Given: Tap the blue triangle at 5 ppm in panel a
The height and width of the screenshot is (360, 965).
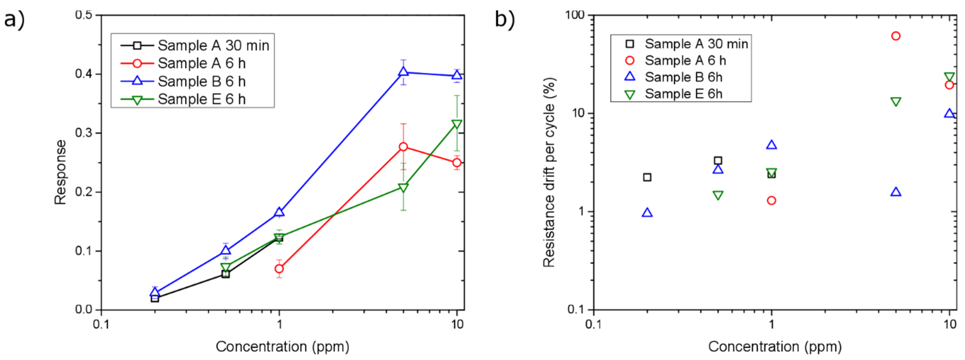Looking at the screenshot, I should [x=403, y=71].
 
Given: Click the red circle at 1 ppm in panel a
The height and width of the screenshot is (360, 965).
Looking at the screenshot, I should [x=279, y=269].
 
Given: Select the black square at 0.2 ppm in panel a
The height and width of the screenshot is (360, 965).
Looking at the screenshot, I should [x=155, y=298].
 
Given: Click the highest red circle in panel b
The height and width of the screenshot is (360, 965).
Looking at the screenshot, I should [x=896, y=36].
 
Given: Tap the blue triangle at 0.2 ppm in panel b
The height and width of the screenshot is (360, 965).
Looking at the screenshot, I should [x=647, y=213].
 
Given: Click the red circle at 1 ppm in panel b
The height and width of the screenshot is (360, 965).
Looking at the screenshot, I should [x=771, y=200].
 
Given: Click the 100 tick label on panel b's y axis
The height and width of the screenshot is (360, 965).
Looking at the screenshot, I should [x=575, y=15].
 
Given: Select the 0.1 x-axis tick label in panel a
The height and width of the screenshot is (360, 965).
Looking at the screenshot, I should [x=101, y=324].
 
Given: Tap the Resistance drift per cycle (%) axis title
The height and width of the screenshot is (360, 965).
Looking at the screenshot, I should [x=549, y=172].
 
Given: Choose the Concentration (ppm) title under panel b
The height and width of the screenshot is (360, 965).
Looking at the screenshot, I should [x=775, y=347].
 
